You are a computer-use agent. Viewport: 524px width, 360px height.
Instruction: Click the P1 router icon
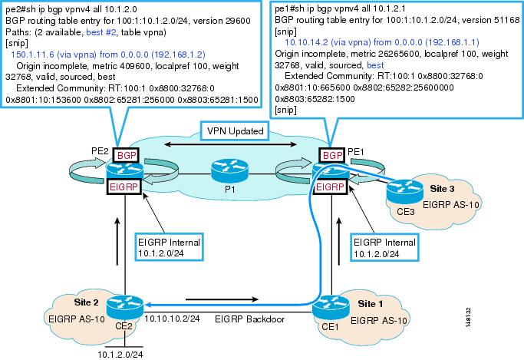click(x=229, y=170)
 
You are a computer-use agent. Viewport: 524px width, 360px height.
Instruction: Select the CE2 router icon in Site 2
click(x=125, y=307)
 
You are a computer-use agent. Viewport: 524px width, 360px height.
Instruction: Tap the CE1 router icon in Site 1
click(x=331, y=308)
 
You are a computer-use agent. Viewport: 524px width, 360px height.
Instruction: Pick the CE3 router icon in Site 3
click(x=404, y=192)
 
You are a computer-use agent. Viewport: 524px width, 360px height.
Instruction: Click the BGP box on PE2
click(x=127, y=155)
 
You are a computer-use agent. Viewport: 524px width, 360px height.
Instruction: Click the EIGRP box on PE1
click(x=330, y=187)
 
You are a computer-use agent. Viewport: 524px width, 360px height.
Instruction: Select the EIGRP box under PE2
click(x=124, y=187)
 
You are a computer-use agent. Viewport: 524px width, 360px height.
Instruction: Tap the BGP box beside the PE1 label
click(x=332, y=155)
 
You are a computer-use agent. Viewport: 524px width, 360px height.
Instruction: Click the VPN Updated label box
click(x=236, y=131)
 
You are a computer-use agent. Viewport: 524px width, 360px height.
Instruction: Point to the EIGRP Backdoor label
click(x=249, y=319)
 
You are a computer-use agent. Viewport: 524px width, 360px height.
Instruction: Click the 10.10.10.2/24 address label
click(x=172, y=319)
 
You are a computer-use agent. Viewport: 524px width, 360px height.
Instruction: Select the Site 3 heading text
click(x=442, y=189)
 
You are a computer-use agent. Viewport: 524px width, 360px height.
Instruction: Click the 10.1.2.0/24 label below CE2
click(x=120, y=355)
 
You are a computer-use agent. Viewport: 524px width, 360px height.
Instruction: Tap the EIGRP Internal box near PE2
click(x=169, y=247)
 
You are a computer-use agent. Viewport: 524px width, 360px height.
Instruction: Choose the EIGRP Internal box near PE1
click(x=384, y=247)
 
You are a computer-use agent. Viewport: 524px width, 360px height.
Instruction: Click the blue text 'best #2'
click(x=101, y=32)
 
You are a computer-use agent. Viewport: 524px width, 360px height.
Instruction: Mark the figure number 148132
click(x=469, y=317)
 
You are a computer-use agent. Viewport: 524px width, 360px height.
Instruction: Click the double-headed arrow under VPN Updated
click(x=231, y=144)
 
